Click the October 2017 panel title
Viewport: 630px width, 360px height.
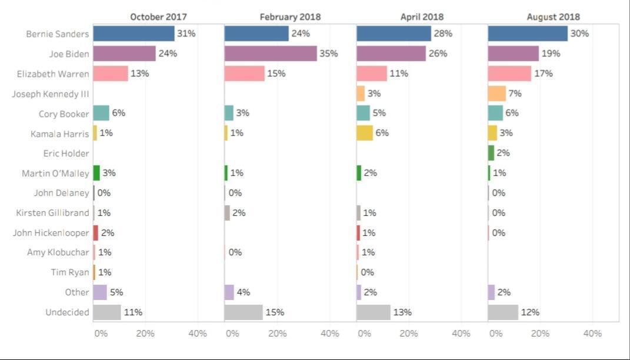[158, 17]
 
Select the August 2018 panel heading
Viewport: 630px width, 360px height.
[553, 17]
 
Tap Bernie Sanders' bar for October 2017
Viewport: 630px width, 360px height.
[134, 34]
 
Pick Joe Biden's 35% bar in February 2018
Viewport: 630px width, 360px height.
[271, 54]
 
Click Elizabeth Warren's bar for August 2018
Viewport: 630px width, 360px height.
[509, 74]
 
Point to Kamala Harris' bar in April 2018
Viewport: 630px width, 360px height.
[365, 133]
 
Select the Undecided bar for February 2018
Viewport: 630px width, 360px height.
[244, 312]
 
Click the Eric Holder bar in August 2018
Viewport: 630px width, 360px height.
[491, 153]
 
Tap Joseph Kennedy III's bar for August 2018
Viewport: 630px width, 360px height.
[497, 94]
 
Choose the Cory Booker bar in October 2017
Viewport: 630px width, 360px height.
[101, 113]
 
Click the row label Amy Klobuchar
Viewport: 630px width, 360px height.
[58, 252]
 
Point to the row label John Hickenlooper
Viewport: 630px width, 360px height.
[51, 233]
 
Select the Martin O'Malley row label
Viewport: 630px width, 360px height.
[55, 173]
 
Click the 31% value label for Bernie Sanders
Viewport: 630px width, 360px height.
[186, 34]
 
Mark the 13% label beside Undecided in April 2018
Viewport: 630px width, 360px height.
[402, 312]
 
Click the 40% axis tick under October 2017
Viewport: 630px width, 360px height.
[198, 334]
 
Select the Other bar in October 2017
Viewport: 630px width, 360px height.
[100, 292]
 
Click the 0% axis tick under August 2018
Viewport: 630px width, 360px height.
[496, 334]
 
